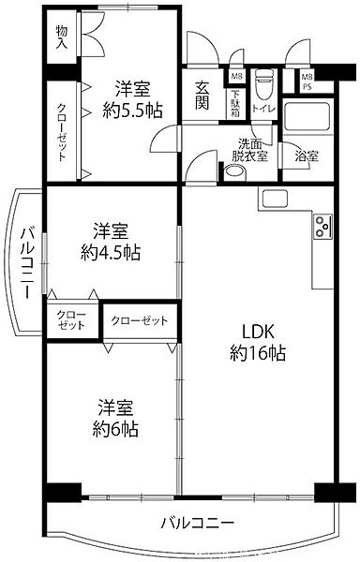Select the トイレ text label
(264, 110)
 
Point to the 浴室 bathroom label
(306, 155)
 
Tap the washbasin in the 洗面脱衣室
(234, 172)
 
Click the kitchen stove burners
(323, 226)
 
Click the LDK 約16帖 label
(258, 343)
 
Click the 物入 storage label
(62, 37)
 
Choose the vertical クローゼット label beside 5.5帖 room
(61, 130)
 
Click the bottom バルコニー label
(197, 523)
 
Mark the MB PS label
(306, 82)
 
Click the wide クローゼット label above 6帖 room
(140, 321)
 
